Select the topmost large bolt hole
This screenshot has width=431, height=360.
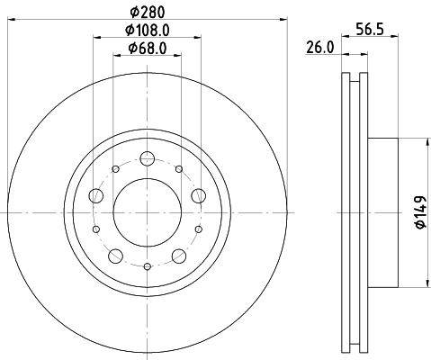click(147, 159)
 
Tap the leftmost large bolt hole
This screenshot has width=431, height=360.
click(95, 195)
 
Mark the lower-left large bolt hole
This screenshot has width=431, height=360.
click(115, 256)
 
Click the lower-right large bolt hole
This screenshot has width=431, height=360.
click(178, 256)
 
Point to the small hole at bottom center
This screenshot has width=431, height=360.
click(147, 266)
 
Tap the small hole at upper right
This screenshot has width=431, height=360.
click(179, 169)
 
